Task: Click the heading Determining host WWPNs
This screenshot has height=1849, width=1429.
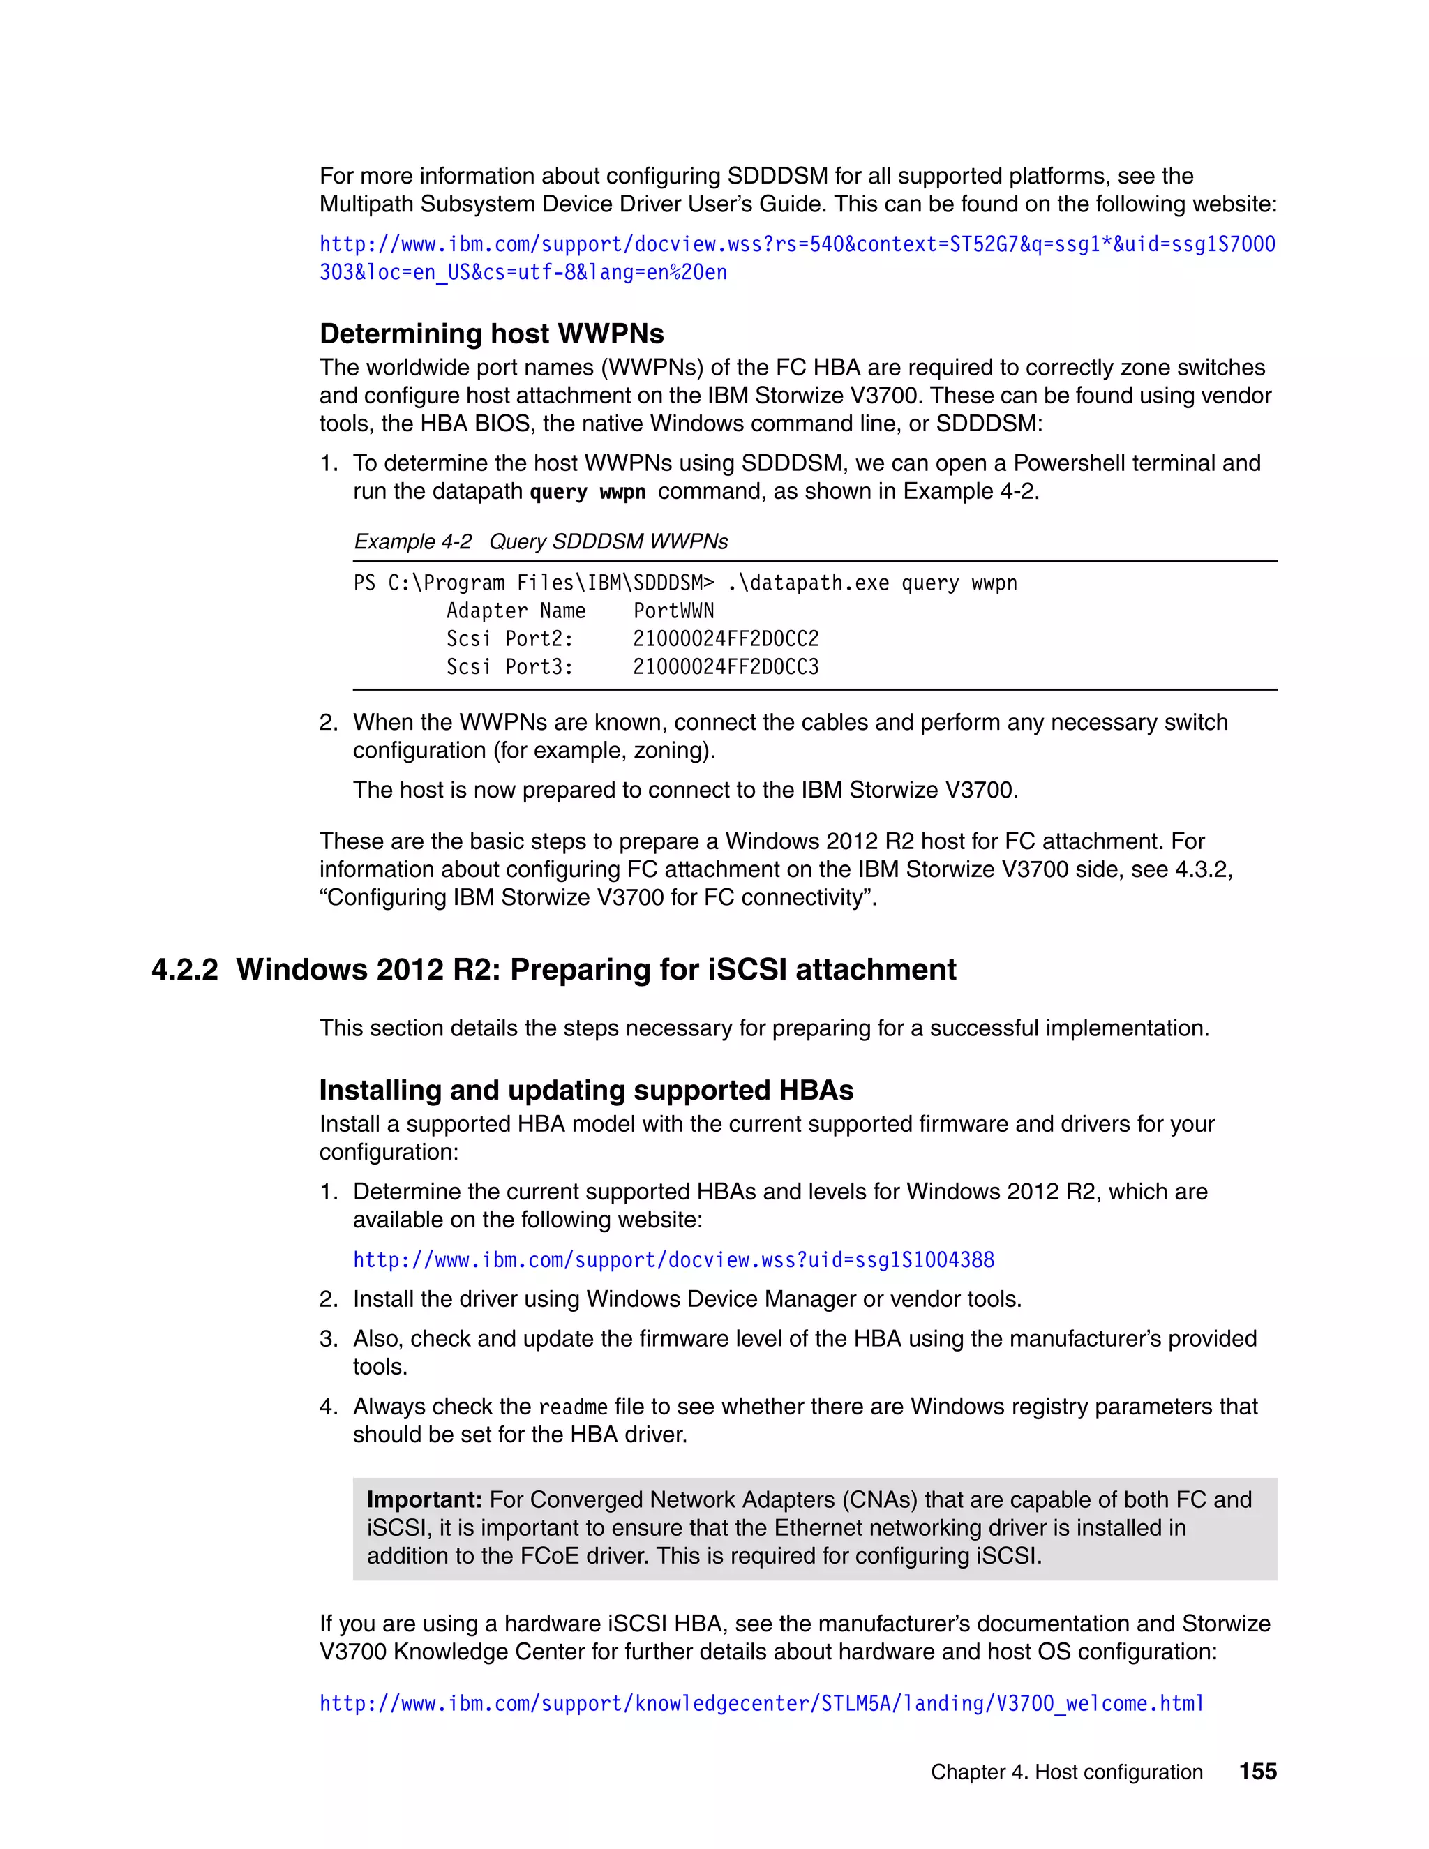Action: click(x=491, y=334)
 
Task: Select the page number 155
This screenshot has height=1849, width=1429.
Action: click(x=1257, y=1771)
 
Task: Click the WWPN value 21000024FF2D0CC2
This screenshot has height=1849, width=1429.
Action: click(x=726, y=639)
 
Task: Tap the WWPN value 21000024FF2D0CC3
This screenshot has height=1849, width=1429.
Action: click(x=726, y=667)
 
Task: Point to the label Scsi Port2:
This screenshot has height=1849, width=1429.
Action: click(x=509, y=639)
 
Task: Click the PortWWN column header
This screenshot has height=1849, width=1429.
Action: click(x=673, y=611)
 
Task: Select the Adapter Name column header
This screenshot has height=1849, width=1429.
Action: click(x=516, y=611)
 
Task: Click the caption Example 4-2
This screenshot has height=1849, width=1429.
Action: click(x=412, y=542)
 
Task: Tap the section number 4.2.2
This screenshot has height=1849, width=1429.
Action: click(x=184, y=969)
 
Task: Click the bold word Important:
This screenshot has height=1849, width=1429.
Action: click(x=424, y=1499)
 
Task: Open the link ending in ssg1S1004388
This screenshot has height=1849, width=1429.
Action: click(x=673, y=1259)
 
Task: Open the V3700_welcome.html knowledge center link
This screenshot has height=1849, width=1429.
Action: click(x=761, y=1703)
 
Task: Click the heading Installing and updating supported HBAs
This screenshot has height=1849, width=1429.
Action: click(x=586, y=1091)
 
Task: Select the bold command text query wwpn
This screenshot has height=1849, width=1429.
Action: click(x=587, y=492)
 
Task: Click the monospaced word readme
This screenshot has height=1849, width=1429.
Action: click(x=573, y=1407)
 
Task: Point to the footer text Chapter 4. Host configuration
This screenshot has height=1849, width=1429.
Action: click(x=1066, y=1772)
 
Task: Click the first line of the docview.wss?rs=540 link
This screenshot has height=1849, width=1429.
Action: click(x=797, y=245)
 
